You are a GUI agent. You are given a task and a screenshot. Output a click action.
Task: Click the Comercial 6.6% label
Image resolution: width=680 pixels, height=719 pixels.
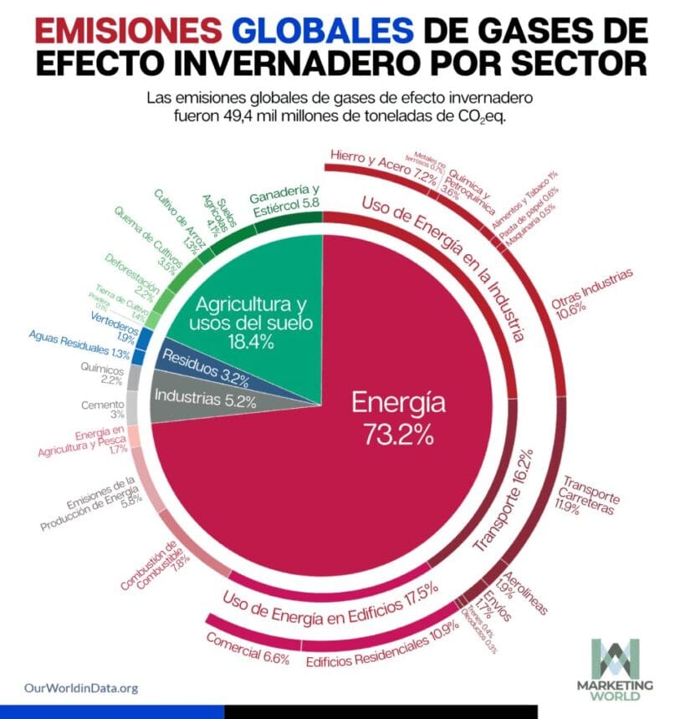(x=248, y=648)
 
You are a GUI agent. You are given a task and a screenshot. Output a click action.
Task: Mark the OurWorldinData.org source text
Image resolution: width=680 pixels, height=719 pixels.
(x=81, y=688)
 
